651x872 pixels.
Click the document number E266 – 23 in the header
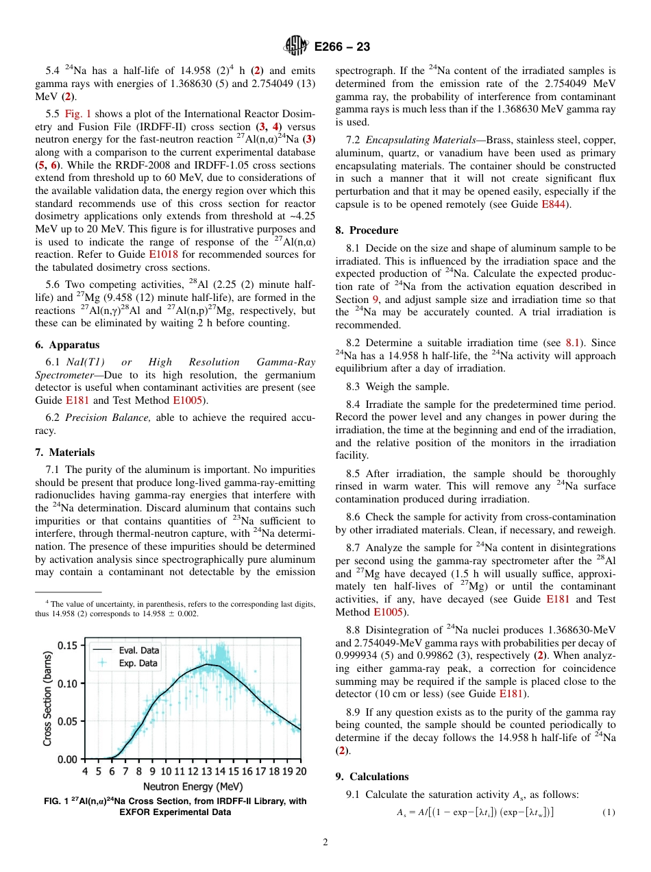click(x=342, y=47)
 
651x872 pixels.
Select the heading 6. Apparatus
click(x=67, y=345)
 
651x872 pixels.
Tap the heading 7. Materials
click(x=65, y=452)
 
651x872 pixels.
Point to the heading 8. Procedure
click(x=367, y=230)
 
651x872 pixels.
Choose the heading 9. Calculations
click(x=372, y=777)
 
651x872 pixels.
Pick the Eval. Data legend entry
click(x=138, y=650)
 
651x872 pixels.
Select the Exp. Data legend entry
click(x=138, y=663)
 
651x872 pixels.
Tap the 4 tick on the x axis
click(x=85, y=771)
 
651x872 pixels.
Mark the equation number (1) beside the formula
click(x=609, y=813)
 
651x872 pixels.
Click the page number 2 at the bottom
click(x=325, y=843)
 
